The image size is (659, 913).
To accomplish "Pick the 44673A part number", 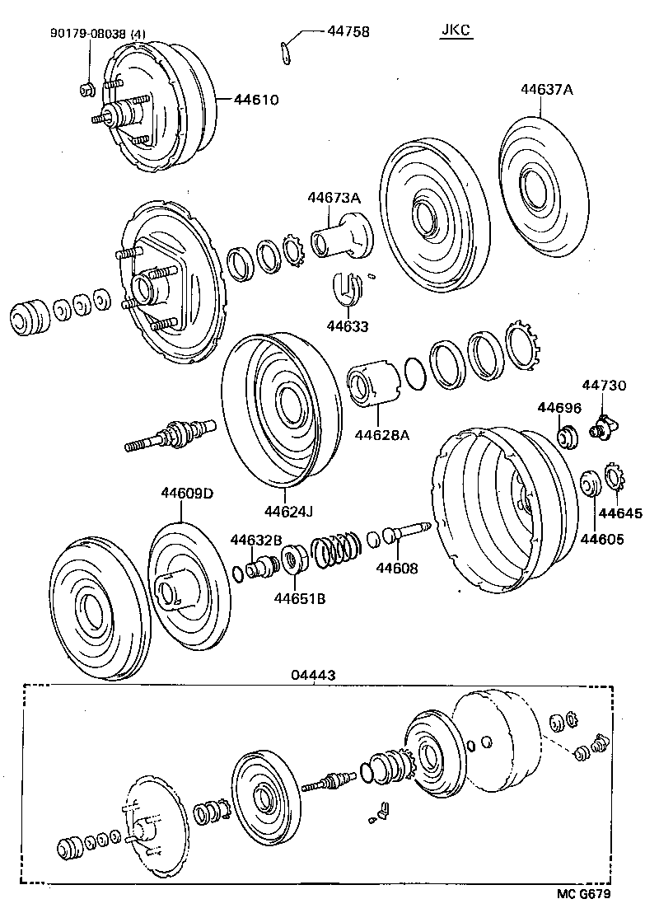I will (x=334, y=198).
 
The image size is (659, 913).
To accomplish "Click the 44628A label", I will (x=381, y=434).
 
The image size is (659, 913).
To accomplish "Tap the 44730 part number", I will (x=605, y=385).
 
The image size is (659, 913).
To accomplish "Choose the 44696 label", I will (x=560, y=407).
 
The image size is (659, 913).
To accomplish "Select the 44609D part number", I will (x=187, y=494).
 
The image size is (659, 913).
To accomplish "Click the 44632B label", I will (x=256, y=540).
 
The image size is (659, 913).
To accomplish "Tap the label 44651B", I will (x=300, y=598).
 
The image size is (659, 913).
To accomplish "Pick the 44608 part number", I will (x=398, y=568).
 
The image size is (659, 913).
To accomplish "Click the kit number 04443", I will (x=313, y=674).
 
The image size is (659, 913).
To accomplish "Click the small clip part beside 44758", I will (x=284, y=50).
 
